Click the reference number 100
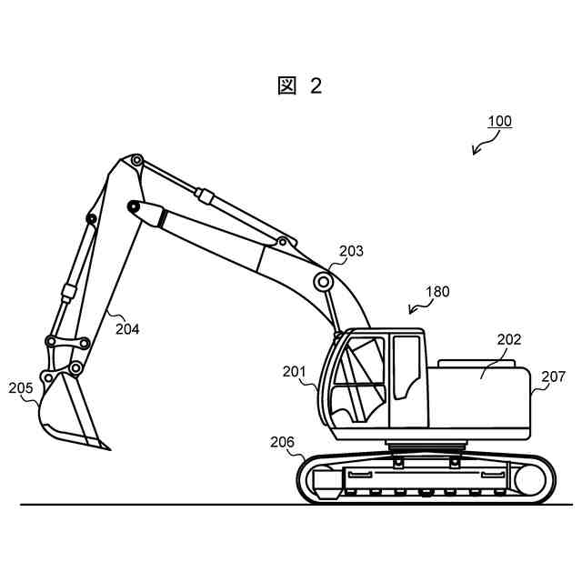click(499, 121)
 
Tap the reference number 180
click(437, 292)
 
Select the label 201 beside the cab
click(294, 371)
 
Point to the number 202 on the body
click(508, 340)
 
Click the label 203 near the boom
click(351, 251)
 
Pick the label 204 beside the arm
click(127, 329)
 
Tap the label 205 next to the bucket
click(21, 388)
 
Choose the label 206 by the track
click(283, 442)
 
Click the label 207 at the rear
click(553, 376)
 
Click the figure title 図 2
click(299, 85)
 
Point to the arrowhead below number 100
click(476, 151)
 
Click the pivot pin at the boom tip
click(135, 161)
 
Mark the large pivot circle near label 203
click(323, 281)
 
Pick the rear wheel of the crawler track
click(528, 479)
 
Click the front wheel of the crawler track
click(322, 480)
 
